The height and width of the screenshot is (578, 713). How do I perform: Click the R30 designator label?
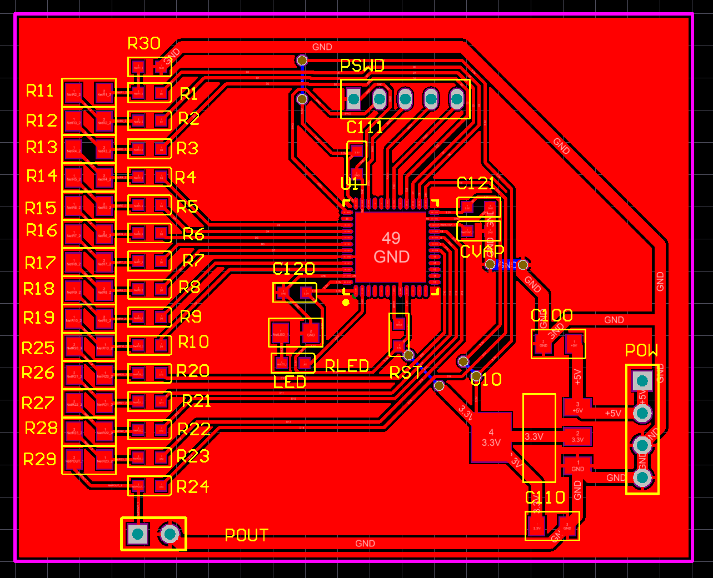click(144, 43)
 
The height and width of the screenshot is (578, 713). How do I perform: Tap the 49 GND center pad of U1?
click(391, 247)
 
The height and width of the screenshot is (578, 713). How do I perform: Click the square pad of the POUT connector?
click(137, 534)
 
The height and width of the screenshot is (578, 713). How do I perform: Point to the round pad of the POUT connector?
click(170, 534)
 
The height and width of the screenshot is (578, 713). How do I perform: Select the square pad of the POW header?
click(642, 381)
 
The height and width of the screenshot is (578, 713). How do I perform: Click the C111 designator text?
click(365, 128)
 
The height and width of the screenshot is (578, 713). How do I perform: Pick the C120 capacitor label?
click(294, 269)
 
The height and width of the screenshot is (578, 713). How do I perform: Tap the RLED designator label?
click(347, 366)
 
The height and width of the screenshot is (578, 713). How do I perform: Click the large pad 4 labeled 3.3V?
click(491, 438)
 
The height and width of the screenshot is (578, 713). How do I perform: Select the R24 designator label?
click(193, 487)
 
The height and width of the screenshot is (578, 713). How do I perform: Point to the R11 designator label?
click(40, 91)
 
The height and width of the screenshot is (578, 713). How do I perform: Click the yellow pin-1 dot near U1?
click(346, 302)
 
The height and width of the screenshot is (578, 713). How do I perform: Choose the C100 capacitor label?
click(551, 315)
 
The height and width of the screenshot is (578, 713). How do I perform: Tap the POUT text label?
click(247, 535)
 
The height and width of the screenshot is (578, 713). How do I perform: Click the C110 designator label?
click(545, 497)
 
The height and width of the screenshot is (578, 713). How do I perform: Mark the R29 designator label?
click(40, 459)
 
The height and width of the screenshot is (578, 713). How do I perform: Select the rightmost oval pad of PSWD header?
click(456, 99)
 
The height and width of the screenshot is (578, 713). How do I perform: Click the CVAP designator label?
click(482, 252)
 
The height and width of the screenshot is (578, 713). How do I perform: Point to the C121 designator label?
click(476, 184)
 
